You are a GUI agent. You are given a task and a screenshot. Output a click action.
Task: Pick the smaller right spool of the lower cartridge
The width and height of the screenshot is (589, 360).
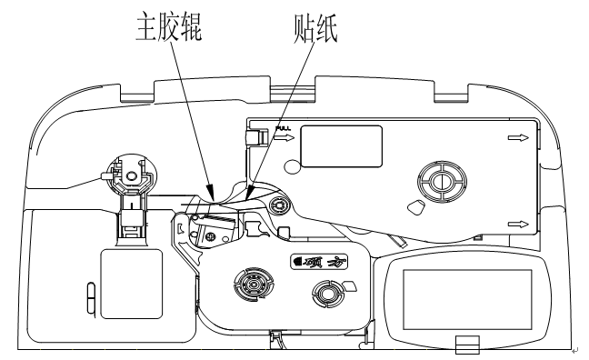pos(324,293)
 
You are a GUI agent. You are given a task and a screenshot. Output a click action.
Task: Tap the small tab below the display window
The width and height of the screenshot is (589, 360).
pos(464,345)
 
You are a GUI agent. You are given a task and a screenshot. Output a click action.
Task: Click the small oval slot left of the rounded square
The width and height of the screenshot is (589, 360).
pos(88,295)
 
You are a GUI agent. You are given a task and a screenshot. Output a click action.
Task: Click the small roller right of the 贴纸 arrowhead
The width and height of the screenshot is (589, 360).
pos(280,206)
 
